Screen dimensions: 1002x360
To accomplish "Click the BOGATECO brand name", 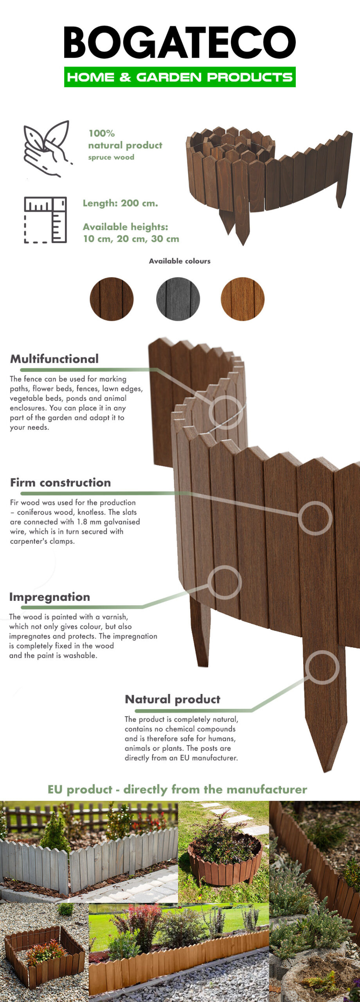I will pos(180,42).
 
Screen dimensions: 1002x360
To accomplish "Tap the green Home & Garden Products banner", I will pos(180,77).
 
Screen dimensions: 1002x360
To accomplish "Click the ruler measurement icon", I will pos(45,220).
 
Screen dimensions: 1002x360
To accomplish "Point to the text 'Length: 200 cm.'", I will pos(120,203).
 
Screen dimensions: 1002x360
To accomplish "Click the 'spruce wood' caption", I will pos(111,157).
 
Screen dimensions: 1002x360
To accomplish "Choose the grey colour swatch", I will pos(178,299).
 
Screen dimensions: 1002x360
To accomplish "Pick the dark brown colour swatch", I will pos(112,299).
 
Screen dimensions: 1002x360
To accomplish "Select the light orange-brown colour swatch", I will pos(243,299).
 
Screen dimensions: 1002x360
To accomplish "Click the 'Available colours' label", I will pos(180,261).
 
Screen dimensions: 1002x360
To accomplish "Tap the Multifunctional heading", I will pos(54,359).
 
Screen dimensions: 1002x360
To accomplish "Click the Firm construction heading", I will pos(61,483).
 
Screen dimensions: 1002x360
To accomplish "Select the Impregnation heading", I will pos(50,597).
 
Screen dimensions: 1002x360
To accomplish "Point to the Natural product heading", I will pos(173,699).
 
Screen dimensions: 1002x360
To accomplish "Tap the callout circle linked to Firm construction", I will pos(315,518).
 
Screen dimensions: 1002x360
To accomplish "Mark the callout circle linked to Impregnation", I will pos(225,582).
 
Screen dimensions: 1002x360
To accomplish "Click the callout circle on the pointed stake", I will pos(322,667).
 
